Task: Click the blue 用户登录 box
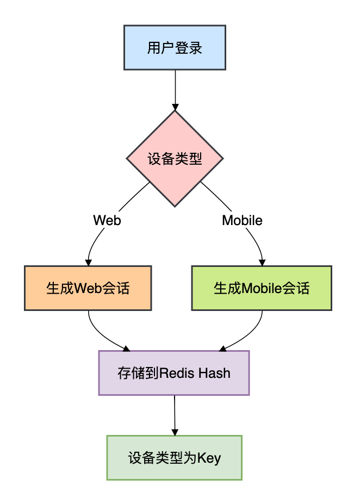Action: point(175,48)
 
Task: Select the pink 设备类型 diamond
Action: point(175,159)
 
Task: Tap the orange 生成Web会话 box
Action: point(88,288)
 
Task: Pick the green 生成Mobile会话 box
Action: point(262,288)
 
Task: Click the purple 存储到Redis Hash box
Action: point(174,373)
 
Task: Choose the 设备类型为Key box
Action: point(175,458)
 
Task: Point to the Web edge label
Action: point(107,220)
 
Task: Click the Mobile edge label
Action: point(242,220)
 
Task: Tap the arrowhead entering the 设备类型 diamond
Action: point(175,107)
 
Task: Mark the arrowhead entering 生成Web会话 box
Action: point(88,262)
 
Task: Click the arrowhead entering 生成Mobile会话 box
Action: point(262,262)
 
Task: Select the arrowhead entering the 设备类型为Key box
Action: point(175,431)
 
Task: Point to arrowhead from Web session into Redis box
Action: point(127,348)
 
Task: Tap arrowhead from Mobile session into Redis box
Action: point(222,348)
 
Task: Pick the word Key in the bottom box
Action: point(209,458)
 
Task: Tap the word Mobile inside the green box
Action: point(262,288)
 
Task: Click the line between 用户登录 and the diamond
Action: point(175,87)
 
